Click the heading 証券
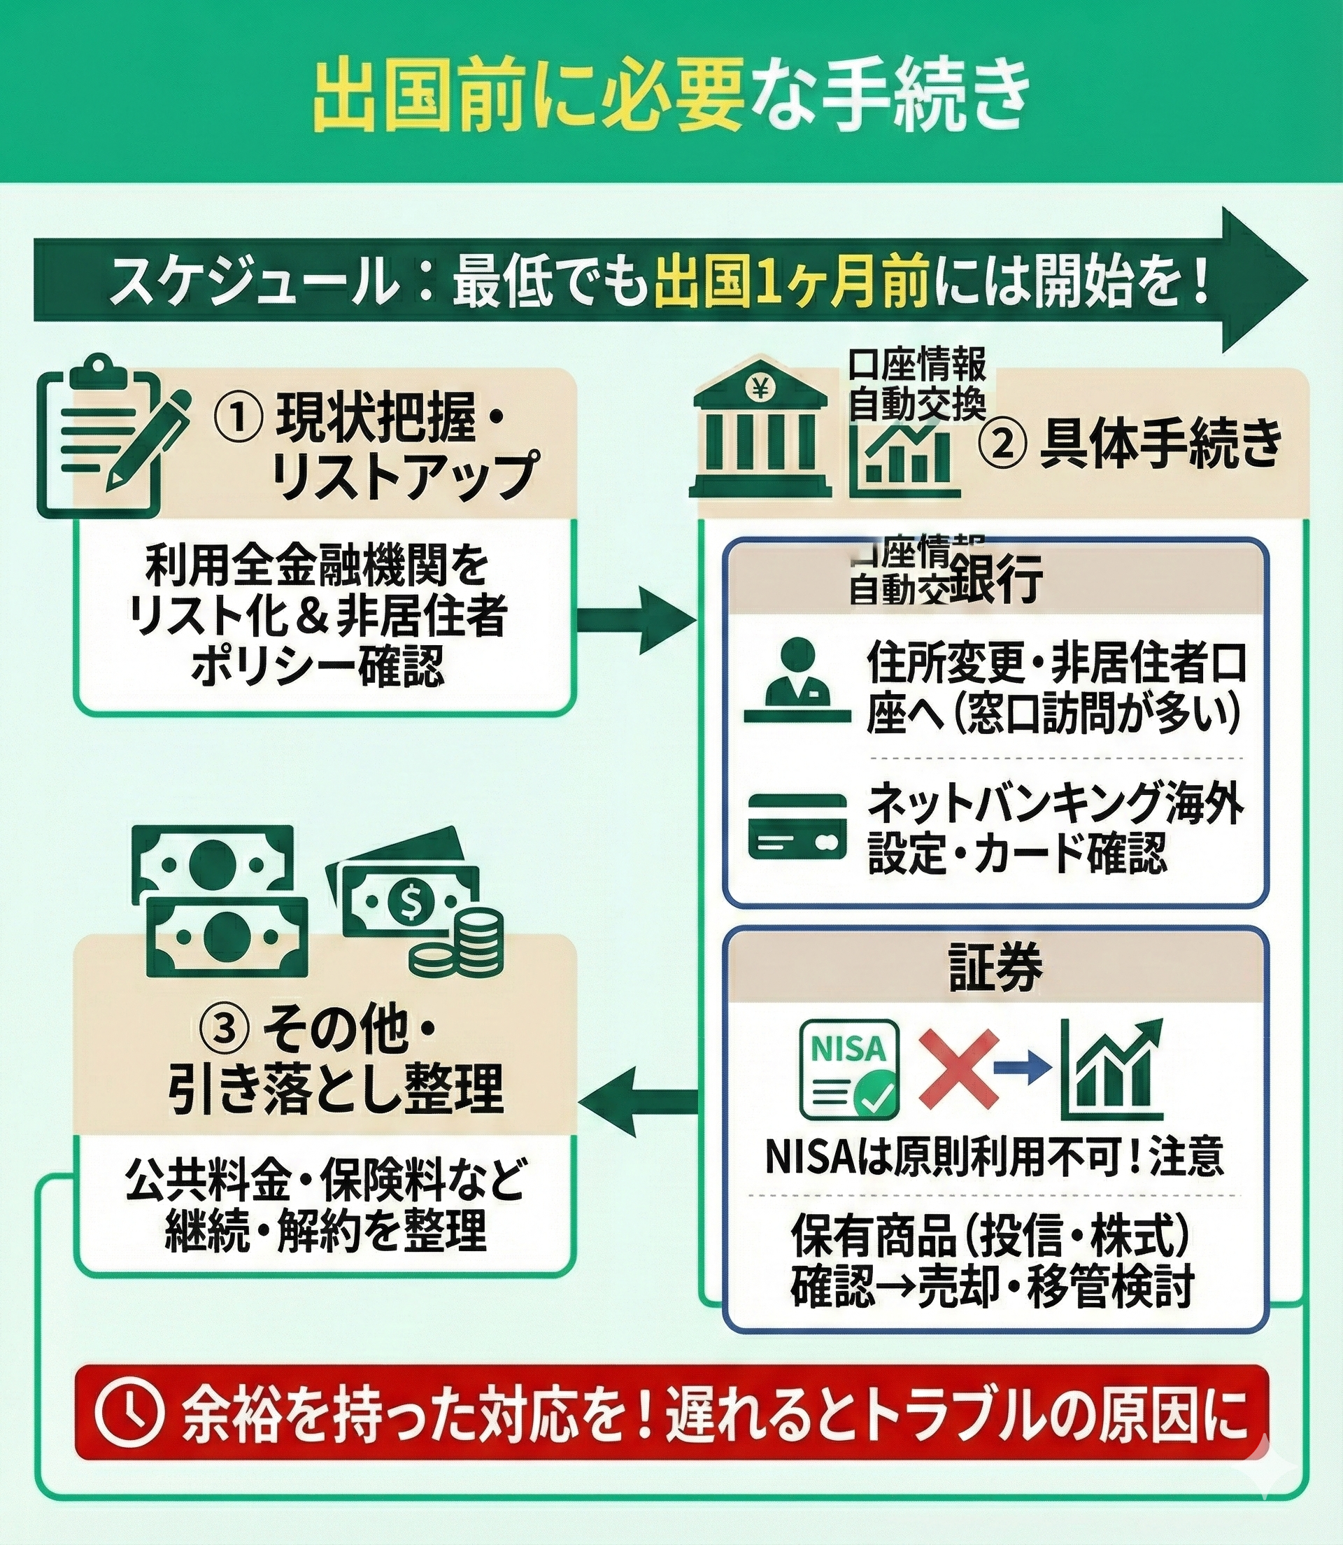pyautogui.click(x=995, y=968)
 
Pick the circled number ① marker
pyautogui.click(x=237, y=420)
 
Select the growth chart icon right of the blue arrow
pyautogui.click(x=1112, y=1070)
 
